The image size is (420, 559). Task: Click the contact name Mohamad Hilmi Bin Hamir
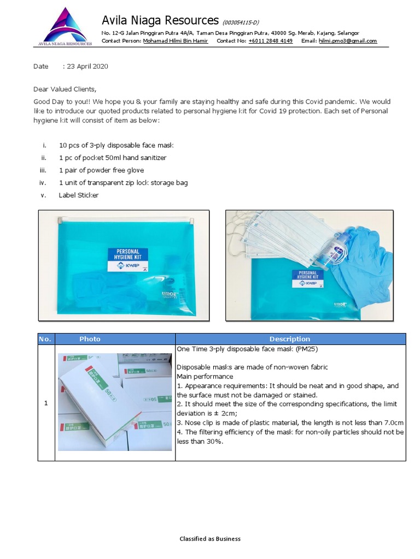coord(175,41)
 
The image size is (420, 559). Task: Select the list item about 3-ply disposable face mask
coord(116,145)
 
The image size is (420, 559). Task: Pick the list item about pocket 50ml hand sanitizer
coord(113,158)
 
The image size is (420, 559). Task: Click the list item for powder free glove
coord(101,170)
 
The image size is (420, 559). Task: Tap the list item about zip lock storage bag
coord(123,183)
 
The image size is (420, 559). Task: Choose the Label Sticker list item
coord(79,195)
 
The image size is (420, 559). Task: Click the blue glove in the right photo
coord(366,257)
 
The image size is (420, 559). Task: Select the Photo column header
coord(90,339)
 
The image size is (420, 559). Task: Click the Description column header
coord(290,339)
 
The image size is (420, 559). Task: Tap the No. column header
coord(45,339)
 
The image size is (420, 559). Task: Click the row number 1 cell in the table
coord(46,403)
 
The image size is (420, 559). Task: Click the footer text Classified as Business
coord(210,539)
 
